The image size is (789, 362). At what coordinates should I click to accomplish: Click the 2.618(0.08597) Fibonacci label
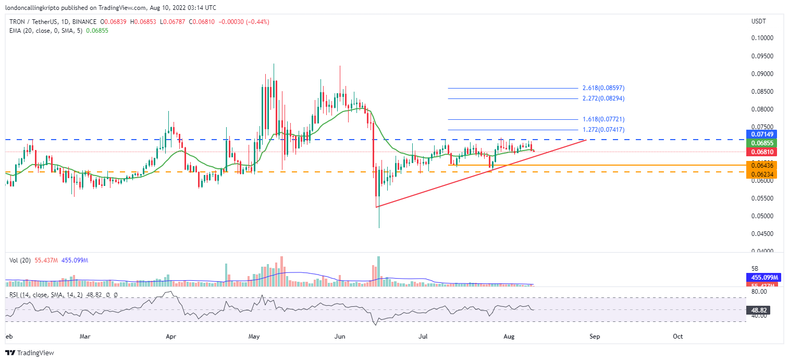tap(603, 88)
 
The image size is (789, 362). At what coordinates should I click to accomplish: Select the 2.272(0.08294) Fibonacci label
tap(603, 98)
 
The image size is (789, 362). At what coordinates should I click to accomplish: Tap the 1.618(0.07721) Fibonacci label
tap(603, 119)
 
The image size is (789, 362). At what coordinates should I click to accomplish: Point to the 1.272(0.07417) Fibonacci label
tap(603, 129)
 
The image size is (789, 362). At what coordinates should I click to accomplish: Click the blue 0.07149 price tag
tap(761, 134)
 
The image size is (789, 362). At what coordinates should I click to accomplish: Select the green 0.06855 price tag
tap(761, 143)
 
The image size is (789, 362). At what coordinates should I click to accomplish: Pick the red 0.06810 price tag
tap(761, 152)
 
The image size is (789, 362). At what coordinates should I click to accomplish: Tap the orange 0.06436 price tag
tap(761, 165)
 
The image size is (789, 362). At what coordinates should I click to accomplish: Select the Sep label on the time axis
tap(595, 336)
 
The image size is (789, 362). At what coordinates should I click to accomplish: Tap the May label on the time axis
tap(254, 336)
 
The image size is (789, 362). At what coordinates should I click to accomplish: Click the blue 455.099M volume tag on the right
tap(761, 278)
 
